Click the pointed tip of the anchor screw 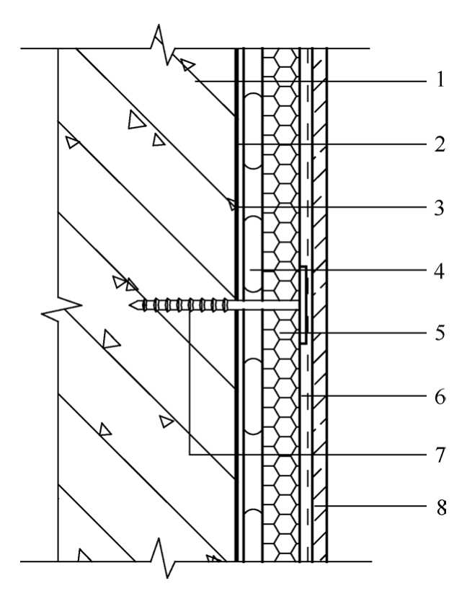[133, 305]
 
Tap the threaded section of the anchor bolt [173, 305]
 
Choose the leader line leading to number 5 [360, 335]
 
